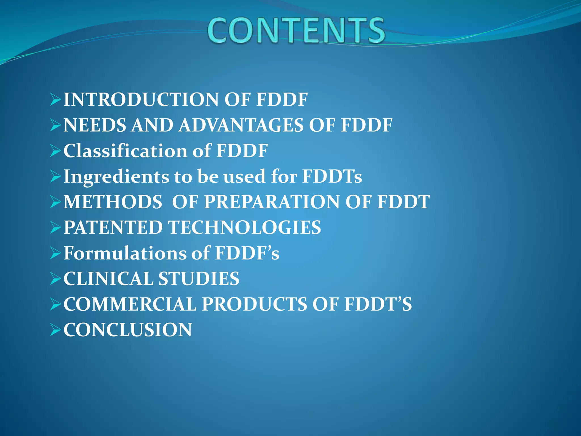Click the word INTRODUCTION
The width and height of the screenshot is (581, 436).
point(141,100)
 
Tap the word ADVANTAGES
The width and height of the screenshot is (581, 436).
point(241,125)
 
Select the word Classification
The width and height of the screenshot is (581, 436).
point(125,151)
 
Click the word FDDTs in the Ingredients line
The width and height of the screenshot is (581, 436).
point(332,177)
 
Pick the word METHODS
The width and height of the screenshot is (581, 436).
point(113,202)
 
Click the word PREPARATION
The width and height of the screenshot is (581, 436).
point(272,202)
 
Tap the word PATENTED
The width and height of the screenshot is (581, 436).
point(113,227)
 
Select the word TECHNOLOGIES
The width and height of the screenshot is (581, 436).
point(245,227)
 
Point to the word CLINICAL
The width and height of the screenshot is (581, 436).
point(108,278)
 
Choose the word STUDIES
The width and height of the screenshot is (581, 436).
point(199,278)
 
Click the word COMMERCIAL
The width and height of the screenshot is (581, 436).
point(130,304)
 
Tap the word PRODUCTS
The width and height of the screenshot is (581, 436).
point(254,304)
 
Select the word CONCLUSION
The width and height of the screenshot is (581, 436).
point(128,330)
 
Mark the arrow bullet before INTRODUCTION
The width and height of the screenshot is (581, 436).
point(55,100)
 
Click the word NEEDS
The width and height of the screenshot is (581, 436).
point(95,125)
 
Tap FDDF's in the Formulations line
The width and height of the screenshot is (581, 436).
point(247,253)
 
